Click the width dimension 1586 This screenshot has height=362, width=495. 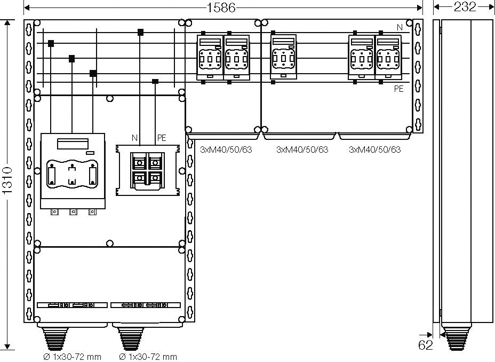(x=221, y=7)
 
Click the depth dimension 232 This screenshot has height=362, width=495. (x=465, y=6)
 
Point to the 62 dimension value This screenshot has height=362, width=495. (x=425, y=345)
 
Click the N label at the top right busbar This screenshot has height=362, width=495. (x=400, y=27)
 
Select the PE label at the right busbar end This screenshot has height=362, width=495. (x=398, y=89)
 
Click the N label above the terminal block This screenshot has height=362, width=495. (x=135, y=138)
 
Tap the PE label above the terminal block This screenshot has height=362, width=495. (x=162, y=138)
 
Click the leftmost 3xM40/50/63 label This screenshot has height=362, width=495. (x=226, y=149)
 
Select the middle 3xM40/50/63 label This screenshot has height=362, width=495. (x=302, y=149)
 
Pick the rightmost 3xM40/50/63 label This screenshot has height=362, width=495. (x=375, y=149)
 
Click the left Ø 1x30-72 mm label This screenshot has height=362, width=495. (x=73, y=357)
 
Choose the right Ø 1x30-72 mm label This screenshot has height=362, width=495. (x=148, y=357)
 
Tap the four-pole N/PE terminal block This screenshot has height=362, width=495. (x=148, y=170)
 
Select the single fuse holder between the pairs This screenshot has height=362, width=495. (x=283, y=57)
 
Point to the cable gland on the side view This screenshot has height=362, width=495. (x=456, y=338)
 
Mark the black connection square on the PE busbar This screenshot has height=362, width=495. (x=155, y=82)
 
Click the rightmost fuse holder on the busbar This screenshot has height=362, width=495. (x=388, y=57)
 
